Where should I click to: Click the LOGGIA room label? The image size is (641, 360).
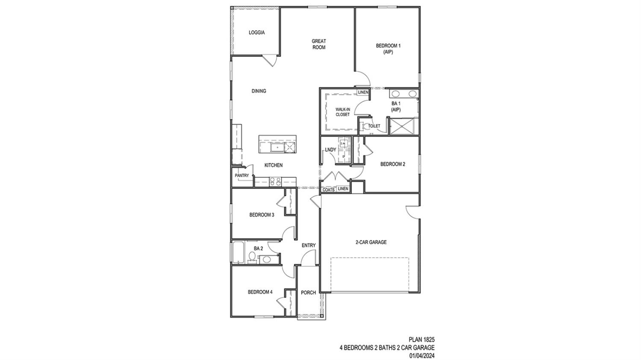click(256, 32)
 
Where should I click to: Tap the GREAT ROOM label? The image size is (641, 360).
click(319, 44)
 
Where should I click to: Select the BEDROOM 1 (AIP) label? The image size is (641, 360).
click(388, 49)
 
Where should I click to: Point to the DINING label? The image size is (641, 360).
click(259, 91)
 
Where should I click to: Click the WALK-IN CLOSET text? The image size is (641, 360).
click(342, 112)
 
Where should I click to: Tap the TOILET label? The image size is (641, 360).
click(374, 126)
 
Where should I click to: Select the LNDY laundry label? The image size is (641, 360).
click(330, 150)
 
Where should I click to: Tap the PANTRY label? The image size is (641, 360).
click(241, 176)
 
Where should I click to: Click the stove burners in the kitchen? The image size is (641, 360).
click(275, 182)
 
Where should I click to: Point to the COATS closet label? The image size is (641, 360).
click(328, 189)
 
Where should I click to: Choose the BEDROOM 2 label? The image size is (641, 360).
click(392, 164)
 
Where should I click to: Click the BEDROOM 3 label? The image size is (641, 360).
click(262, 215)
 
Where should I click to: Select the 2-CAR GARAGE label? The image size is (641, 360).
click(371, 242)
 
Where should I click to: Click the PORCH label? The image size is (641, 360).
click(308, 293)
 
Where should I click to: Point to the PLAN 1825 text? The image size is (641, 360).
click(421, 340)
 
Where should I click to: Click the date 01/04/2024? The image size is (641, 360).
click(422, 355)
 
